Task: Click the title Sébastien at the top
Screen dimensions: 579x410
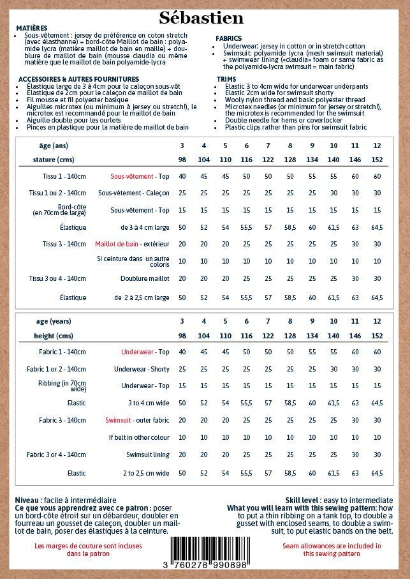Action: click(201, 17)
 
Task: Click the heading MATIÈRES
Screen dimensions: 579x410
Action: click(31, 29)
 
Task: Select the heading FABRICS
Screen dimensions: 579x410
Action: click(229, 39)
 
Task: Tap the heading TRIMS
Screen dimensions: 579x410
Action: click(226, 79)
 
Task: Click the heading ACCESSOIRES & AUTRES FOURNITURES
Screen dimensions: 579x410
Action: click(78, 79)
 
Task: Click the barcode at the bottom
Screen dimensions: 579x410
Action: click(211, 548)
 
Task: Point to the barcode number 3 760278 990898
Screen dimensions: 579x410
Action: click(205, 566)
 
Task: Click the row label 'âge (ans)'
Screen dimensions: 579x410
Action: click(53, 146)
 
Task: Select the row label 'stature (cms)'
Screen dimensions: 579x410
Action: click(54, 160)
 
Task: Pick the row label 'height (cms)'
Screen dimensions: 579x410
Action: click(54, 336)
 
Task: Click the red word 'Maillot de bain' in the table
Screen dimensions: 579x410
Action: click(117, 244)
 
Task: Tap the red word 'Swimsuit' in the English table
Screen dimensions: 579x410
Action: click(118, 420)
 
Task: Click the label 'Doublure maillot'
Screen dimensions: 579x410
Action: click(145, 278)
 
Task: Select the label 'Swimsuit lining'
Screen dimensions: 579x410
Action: click(147, 455)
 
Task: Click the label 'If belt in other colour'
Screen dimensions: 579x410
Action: click(139, 437)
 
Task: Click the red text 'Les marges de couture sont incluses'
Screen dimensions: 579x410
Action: click(88, 546)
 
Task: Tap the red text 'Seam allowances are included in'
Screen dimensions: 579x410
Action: click(332, 546)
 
